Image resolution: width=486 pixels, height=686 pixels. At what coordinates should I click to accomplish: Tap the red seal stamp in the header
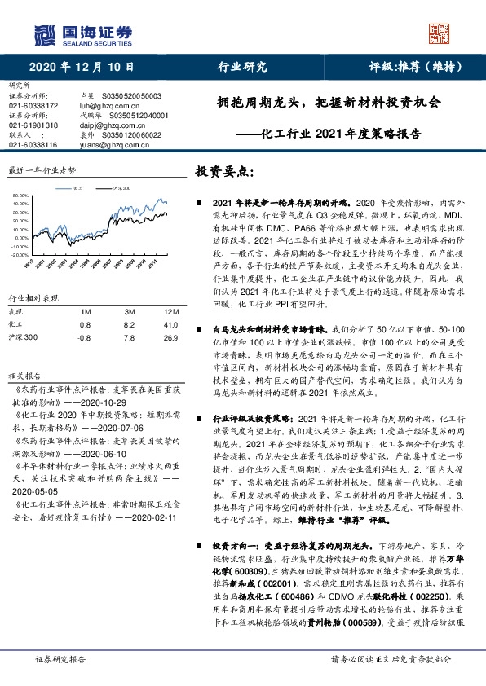(440, 33)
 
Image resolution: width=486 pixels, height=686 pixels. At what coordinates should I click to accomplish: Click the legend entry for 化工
(76, 187)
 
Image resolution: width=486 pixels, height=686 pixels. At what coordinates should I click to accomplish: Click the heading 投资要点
(225, 172)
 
